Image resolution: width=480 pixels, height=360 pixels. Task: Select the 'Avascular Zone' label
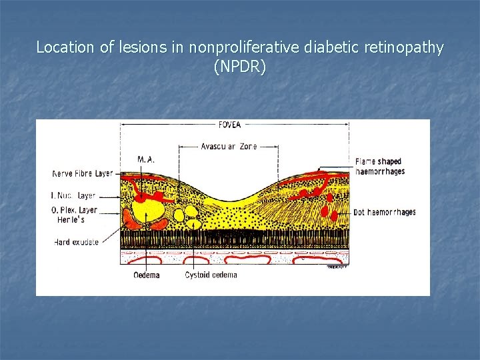pyautogui.click(x=229, y=146)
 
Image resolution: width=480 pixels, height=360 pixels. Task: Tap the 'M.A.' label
pyautogui.click(x=147, y=159)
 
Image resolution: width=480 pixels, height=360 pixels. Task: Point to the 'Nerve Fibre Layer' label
pyautogui.click(x=83, y=174)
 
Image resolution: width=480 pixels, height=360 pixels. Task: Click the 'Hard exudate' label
pyautogui.click(x=77, y=242)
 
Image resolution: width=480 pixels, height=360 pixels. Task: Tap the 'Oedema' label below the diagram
pyautogui.click(x=146, y=275)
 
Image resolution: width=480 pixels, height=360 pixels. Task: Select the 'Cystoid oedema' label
pyautogui.click(x=211, y=275)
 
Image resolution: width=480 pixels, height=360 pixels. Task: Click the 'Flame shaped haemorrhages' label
pyautogui.click(x=379, y=167)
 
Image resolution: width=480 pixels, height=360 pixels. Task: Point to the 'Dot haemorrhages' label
pyautogui.click(x=385, y=212)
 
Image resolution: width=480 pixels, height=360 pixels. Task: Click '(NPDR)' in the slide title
pyautogui.click(x=239, y=67)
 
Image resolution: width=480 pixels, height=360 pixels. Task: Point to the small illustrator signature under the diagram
pyautogui.click(x=338, y=266)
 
